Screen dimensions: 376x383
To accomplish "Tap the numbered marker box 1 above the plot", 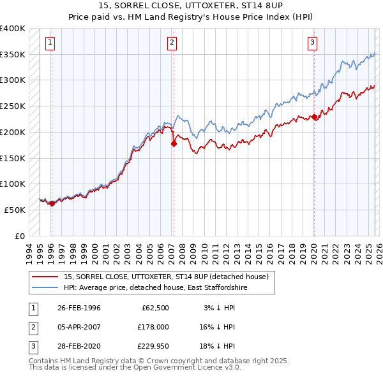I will tap(50, 43).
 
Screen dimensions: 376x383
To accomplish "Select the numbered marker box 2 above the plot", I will tap(172, 43).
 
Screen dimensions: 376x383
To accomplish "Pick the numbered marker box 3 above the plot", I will tap(313, 43).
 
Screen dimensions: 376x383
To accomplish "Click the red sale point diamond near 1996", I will tap(52, 203).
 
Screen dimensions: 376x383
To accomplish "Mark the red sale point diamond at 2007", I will tap(174, 144).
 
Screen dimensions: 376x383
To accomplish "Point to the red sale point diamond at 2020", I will tap(314, 117).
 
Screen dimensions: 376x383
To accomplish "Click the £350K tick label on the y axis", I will tap(13, 55).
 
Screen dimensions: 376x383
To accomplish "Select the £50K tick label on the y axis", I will tap(15, 210).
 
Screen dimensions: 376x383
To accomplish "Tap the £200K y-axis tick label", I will tap(13, 132).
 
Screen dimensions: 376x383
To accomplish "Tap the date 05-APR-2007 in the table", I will tap(79, 327).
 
